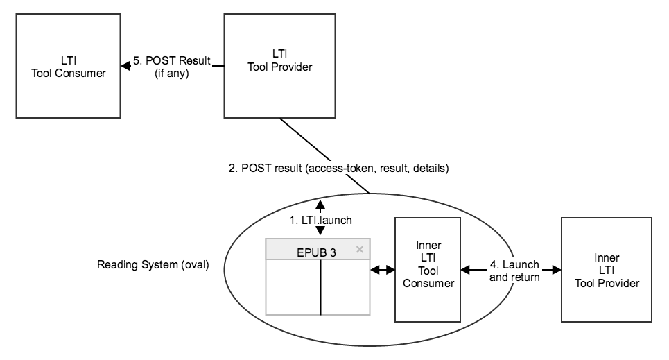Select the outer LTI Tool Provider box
tap(275, 67)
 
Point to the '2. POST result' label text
tap(338, 168)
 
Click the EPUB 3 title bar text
tap(315, 252)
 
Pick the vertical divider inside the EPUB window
tap(320, 287)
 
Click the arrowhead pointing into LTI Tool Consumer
tap(124, 67)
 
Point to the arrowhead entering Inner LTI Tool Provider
tap(556, 270)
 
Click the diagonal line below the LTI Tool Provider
tap(322, 155)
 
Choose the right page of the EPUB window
tap(345, 287)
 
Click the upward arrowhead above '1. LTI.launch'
tap(320, 204)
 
